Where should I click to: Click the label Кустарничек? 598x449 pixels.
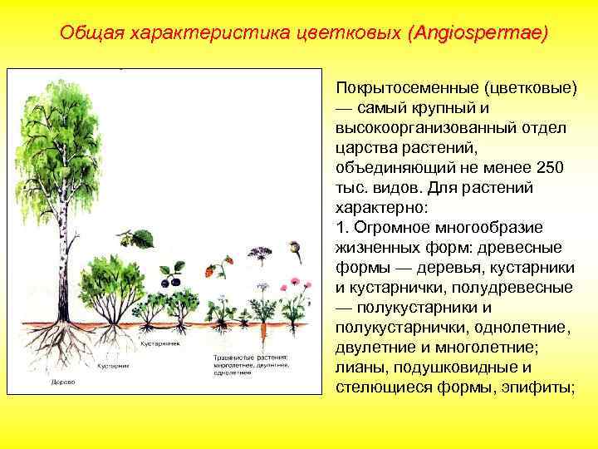click(x=156, y=342)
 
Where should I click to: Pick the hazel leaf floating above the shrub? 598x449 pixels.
click(x=143, y=239)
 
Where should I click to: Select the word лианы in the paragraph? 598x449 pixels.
click(x=356, y=368)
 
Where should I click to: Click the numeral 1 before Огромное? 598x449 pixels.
click(x=339, y=228)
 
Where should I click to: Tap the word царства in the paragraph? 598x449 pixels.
click(x=361, y=148)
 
